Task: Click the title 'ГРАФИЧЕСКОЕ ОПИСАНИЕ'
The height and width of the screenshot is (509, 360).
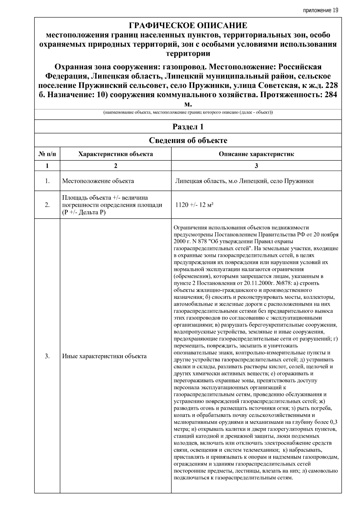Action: pos(188,25)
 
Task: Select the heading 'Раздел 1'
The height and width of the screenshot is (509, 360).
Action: pos(188,127)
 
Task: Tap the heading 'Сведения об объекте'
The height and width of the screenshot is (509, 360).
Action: pos(188,140)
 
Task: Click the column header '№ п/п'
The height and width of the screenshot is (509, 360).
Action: pos(47,154)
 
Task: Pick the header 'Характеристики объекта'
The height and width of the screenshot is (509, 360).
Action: pos(115,154)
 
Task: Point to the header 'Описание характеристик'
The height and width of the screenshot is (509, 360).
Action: pos(256,154)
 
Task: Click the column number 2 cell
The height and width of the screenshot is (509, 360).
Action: pos(115,166)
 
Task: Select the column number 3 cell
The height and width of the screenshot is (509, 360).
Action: pos(256,166)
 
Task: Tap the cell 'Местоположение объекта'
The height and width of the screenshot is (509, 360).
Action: pos(98,181)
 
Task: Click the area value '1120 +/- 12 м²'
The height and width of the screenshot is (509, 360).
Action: pos(194,205)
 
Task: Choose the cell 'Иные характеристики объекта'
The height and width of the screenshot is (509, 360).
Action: pos(104,356)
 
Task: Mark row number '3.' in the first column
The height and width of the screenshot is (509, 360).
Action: pos(47,356)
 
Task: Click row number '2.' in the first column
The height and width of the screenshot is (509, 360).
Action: pos(47,205)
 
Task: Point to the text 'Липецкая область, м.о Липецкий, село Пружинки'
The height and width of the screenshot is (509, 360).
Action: pos(244,181)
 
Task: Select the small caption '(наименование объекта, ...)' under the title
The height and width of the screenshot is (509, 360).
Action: pos(188,113)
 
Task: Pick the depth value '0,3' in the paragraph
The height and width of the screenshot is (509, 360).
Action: pos(333,422)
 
